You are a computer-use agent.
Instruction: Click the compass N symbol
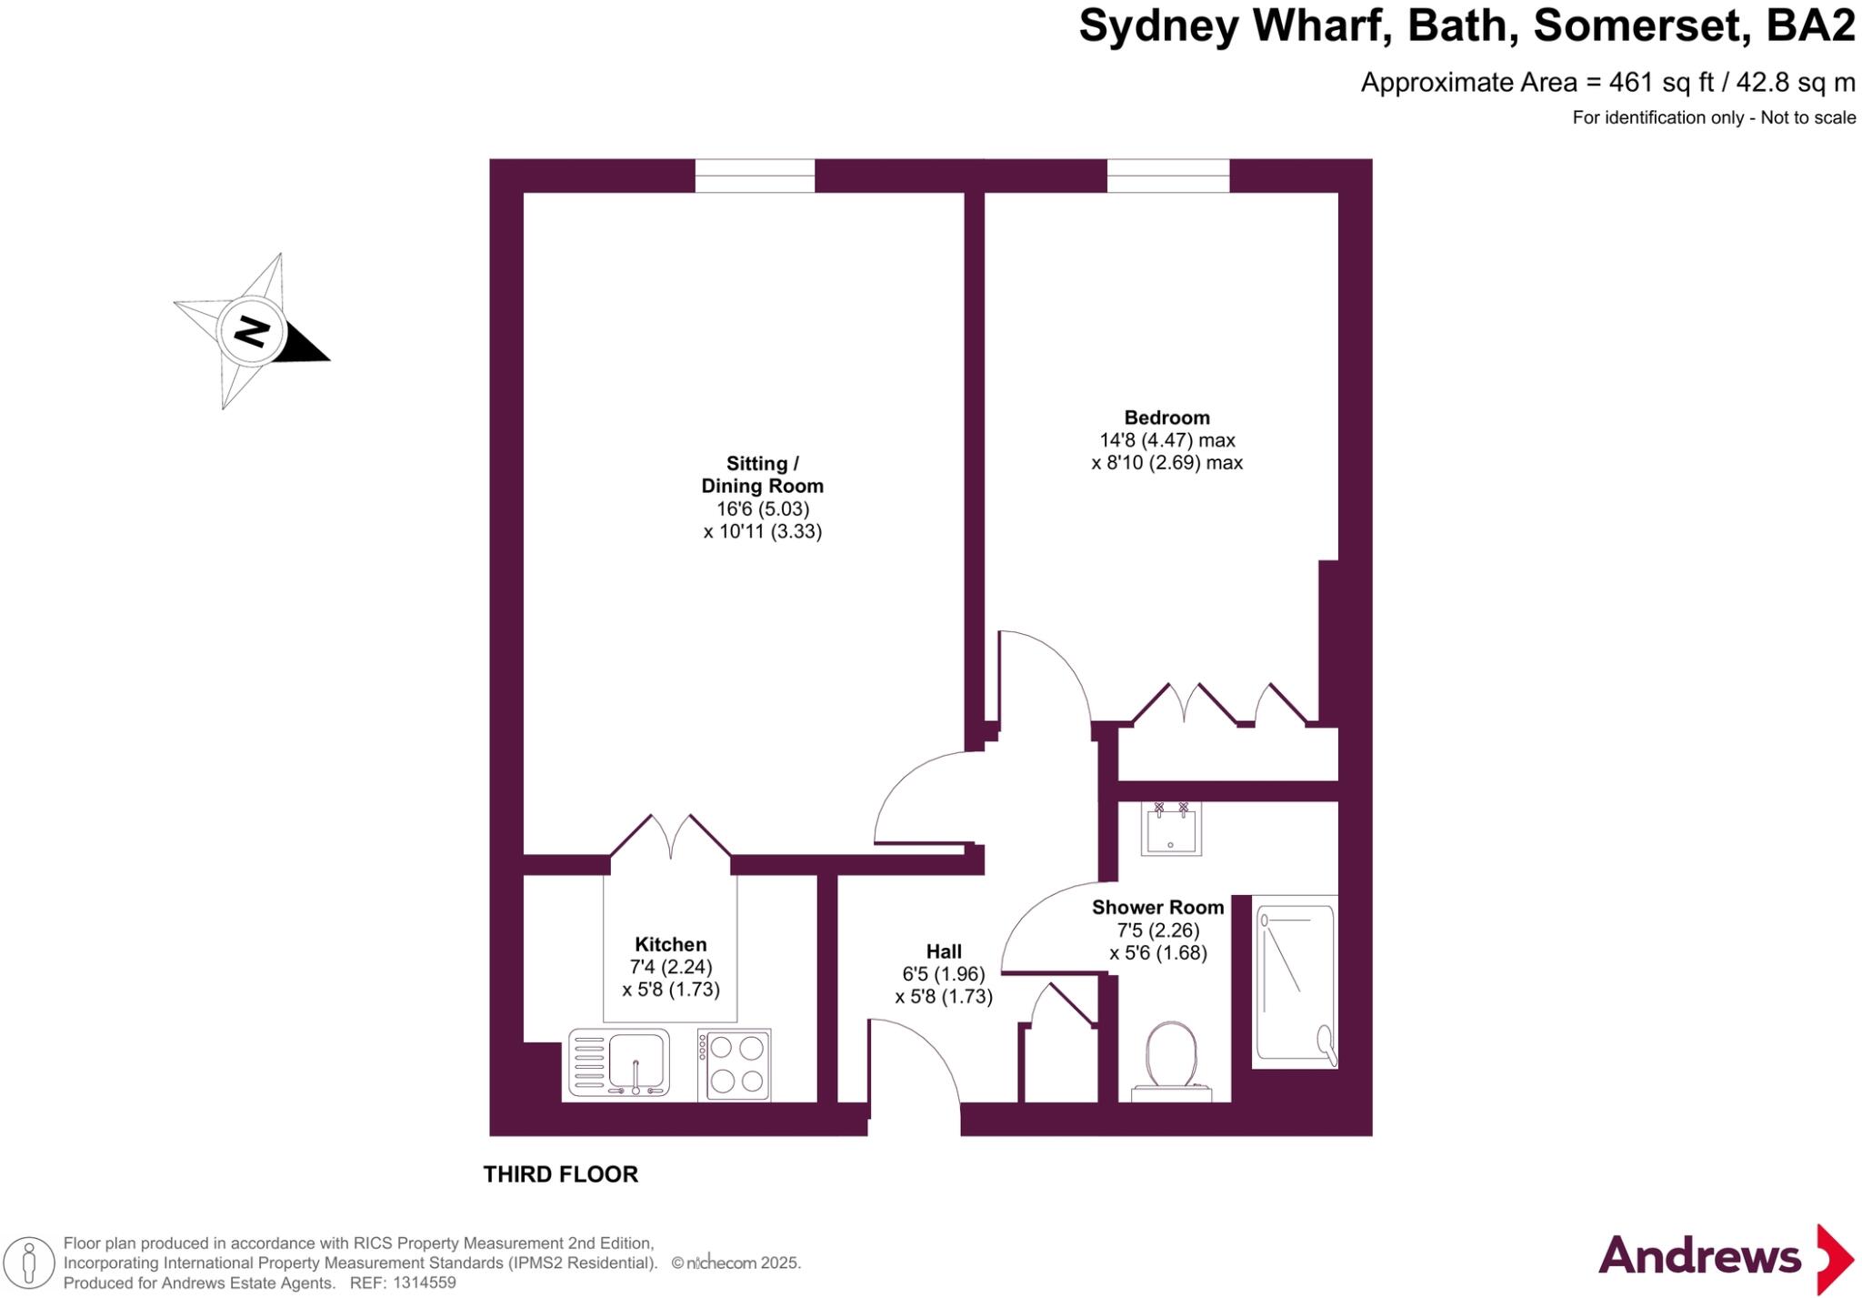pos(252,332)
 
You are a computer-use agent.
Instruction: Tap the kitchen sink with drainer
pos(619,1062)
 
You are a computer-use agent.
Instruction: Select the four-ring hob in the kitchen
pos(735,1064)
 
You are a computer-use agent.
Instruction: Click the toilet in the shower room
pos(1171,1060)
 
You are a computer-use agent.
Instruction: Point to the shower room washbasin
pos(1171,830)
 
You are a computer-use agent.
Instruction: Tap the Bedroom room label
pos(1166,418)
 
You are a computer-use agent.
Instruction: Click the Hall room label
pos(944,951)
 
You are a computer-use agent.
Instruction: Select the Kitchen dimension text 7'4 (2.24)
pos(671,967)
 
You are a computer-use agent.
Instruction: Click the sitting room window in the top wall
pos(755,176)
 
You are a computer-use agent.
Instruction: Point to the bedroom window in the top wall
pos(1167,176)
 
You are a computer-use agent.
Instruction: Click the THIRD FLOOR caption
pos(560,1174)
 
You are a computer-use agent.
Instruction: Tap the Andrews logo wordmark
pos(1698,1257)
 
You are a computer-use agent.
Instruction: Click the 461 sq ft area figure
pos(1660,83)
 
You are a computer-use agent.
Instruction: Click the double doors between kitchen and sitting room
pos(670,839)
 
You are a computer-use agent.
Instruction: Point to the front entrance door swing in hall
pos(914,1064)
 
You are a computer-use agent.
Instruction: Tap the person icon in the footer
pos(29,1263)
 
